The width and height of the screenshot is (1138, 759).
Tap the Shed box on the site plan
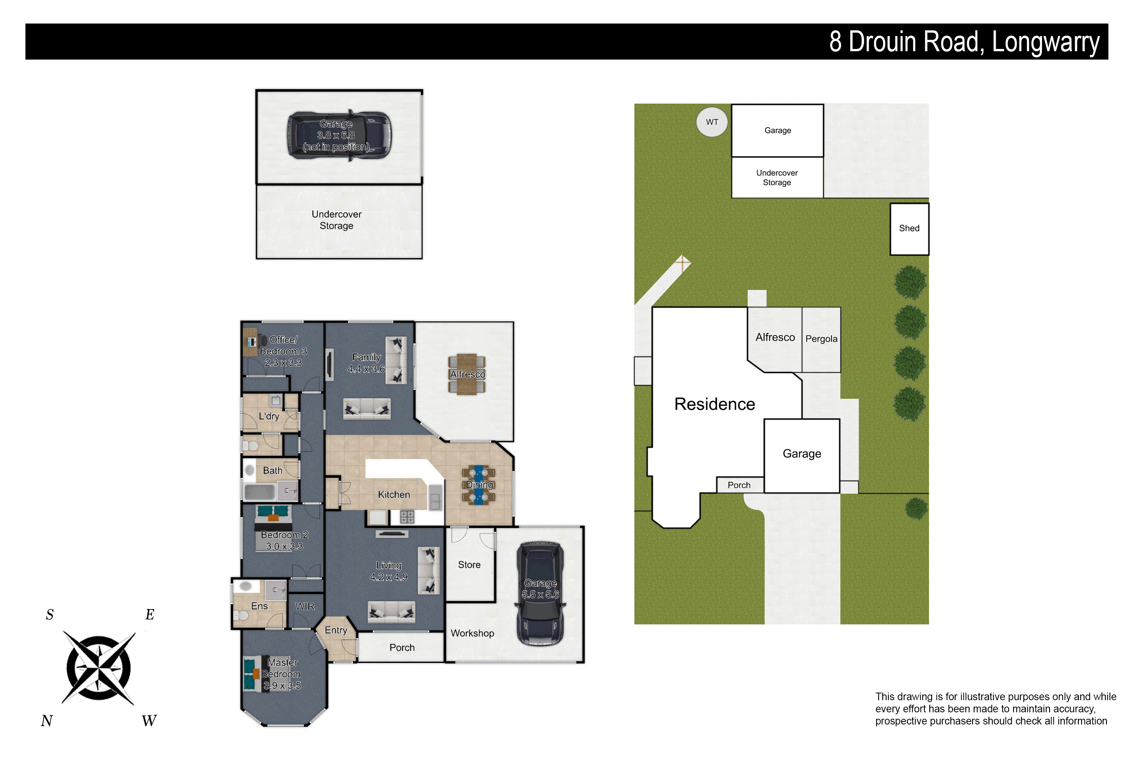tap(909, 229)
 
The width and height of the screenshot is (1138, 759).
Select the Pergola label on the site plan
tap(821, 339)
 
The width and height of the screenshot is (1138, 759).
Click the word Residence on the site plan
tap(715, 404)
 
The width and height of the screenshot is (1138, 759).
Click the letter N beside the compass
tap(47, 721)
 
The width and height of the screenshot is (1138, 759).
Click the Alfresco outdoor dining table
tap(467, 375)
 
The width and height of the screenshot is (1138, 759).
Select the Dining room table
tap(478, 485)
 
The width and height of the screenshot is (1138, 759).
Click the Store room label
tap(469, 565)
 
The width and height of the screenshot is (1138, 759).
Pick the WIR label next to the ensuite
tap(305, 606)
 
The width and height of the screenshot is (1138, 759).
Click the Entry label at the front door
tap(336, 630)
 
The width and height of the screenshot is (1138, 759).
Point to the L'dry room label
tap(269, 416)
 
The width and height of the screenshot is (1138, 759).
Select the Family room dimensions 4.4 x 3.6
tap(366, 369)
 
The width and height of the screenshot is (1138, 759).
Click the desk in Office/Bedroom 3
tap(250, 342)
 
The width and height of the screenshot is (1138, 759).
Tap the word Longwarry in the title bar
tap(1046, 42)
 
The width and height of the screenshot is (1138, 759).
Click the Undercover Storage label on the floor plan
tap(337, 220)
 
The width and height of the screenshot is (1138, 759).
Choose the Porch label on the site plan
tap(739, 485)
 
